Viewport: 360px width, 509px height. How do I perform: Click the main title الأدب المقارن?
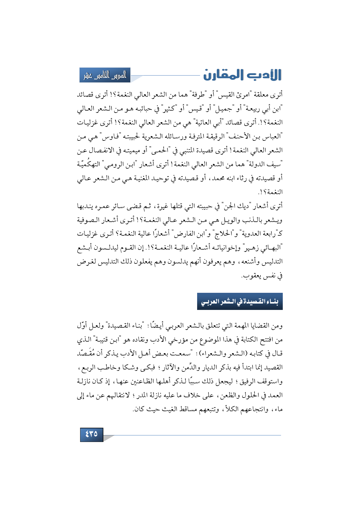click(x=242, y=75)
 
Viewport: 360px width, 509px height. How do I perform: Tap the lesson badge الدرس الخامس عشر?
click(x=105, y=75)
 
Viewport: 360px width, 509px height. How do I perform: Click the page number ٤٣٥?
click(x=91, y=434)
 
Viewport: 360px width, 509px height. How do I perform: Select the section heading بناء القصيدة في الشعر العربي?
click(x=240, y=302)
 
